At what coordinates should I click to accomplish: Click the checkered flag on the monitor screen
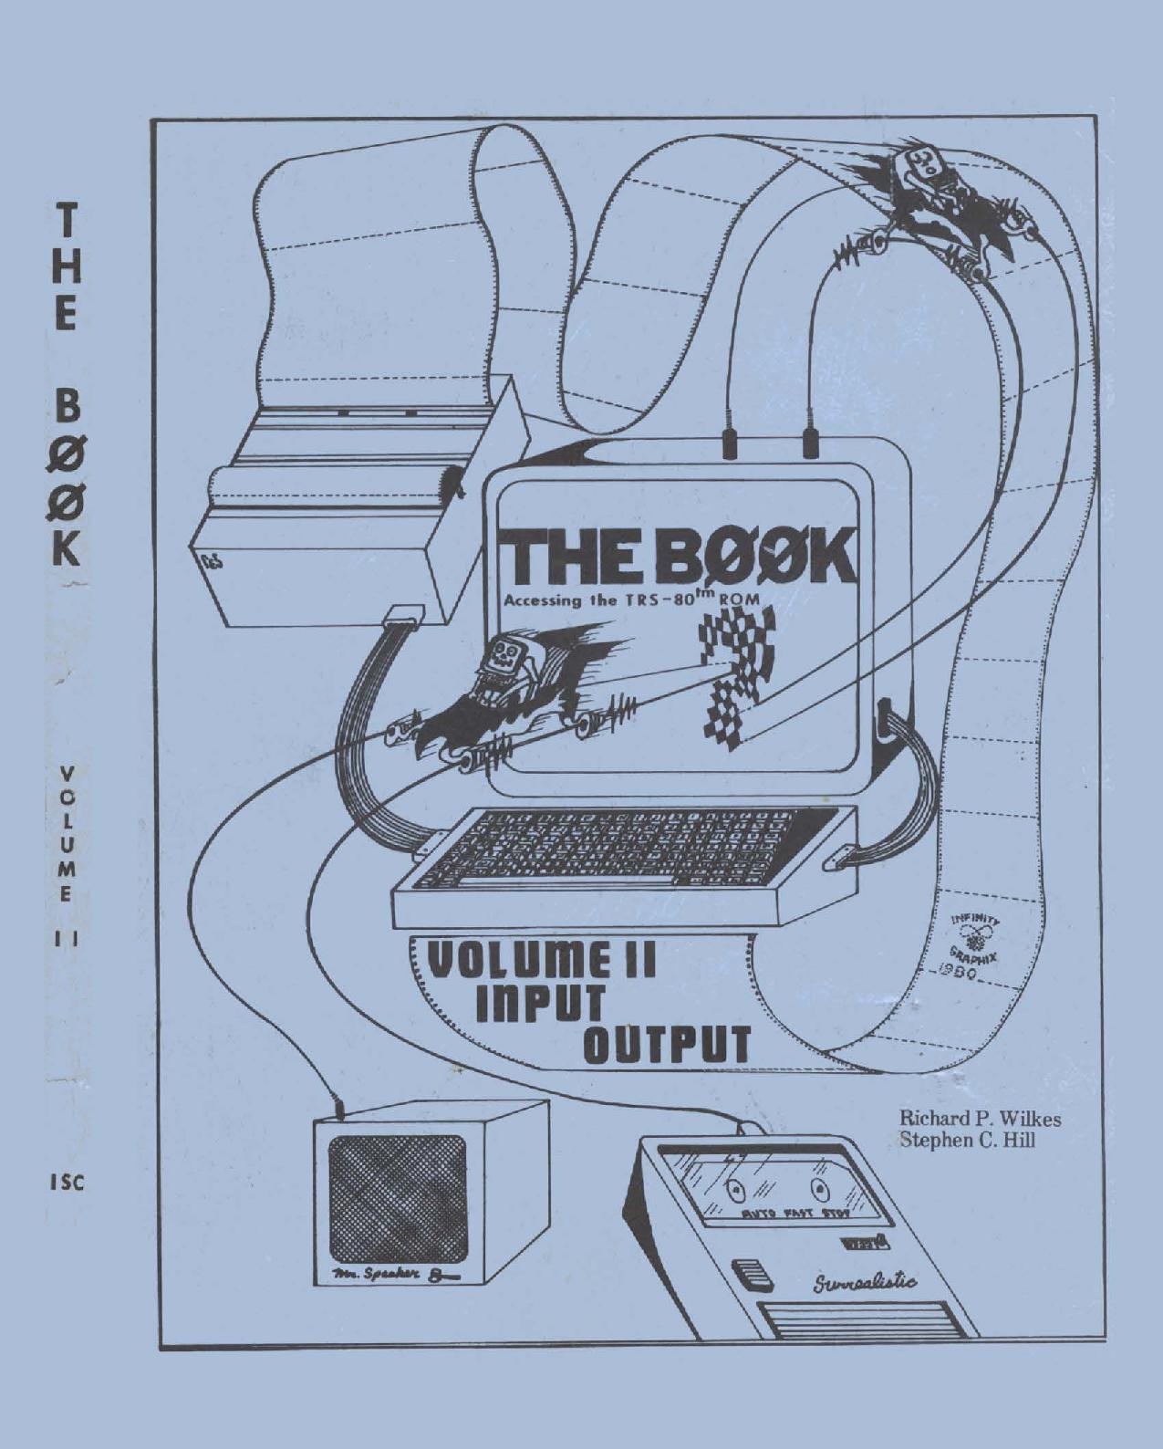click(x=738, y=675)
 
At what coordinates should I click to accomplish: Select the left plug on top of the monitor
click(x=730, y=444)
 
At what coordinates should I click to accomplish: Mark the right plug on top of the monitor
click(x=808, y=444)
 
